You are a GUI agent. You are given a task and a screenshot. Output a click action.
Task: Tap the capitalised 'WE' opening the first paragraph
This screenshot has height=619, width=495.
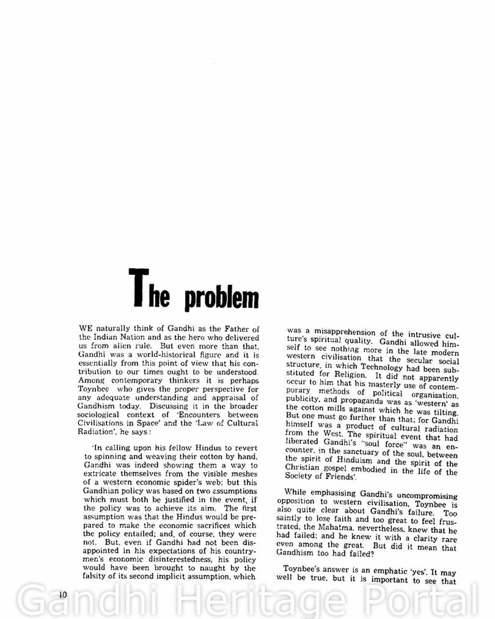click(86, 329)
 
